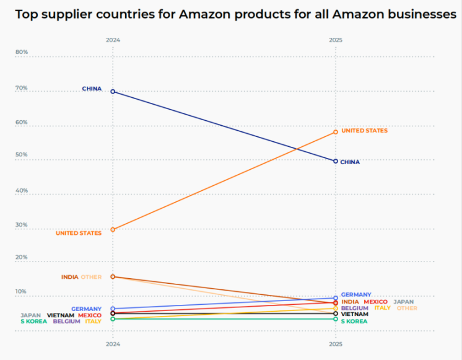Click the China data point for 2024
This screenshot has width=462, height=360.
113,91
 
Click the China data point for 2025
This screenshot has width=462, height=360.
336,161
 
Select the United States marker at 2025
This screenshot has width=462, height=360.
336,132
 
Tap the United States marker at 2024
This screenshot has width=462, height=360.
113,230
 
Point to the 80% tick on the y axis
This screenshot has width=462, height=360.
22,52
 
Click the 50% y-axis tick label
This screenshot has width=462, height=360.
22,155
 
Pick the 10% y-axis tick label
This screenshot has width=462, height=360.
22,291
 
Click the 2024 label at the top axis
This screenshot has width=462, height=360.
113,40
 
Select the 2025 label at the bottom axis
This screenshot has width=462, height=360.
335,343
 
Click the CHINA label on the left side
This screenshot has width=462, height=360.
92,89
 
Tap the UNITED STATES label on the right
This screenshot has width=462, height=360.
364,131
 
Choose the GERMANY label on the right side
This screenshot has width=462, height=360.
356,294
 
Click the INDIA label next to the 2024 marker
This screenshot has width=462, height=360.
69,277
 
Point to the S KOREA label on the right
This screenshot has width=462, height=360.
354,321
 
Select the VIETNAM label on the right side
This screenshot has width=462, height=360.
354,314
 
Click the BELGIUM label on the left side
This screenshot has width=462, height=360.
66,321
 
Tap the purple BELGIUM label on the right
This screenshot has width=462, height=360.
355,308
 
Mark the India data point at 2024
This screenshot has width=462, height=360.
113,276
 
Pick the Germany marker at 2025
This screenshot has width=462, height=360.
336,298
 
